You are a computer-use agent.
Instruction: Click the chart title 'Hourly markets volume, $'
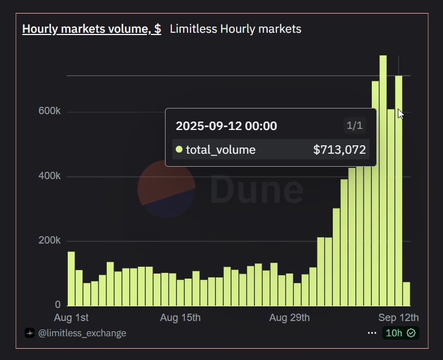point(92,29)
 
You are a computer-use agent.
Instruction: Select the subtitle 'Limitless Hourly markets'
point(236,29)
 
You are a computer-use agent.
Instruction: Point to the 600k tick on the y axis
point(50,111)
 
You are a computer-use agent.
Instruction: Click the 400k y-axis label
point(50,176)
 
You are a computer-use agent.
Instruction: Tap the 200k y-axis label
point(50,241)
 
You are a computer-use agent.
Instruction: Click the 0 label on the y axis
point(58,305)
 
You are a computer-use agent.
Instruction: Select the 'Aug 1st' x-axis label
point(71,318)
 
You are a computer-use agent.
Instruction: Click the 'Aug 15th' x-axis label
point(180,318)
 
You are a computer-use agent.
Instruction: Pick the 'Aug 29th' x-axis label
point(289,318)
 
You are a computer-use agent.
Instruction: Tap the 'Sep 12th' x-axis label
point(398,318)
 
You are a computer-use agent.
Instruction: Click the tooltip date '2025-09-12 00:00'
point(226,125)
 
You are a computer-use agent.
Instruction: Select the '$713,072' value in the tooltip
point(340,150)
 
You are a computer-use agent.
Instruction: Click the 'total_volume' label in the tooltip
point(220,150)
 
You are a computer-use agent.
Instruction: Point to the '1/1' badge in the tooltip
point(354,125)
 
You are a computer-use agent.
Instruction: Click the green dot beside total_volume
point(179,150)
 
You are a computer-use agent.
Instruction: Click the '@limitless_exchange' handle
point(81,333)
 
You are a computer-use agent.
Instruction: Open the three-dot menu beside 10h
point(371,333)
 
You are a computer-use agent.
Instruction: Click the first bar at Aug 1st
point(71,279)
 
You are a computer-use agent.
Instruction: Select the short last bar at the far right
point(406,294)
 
